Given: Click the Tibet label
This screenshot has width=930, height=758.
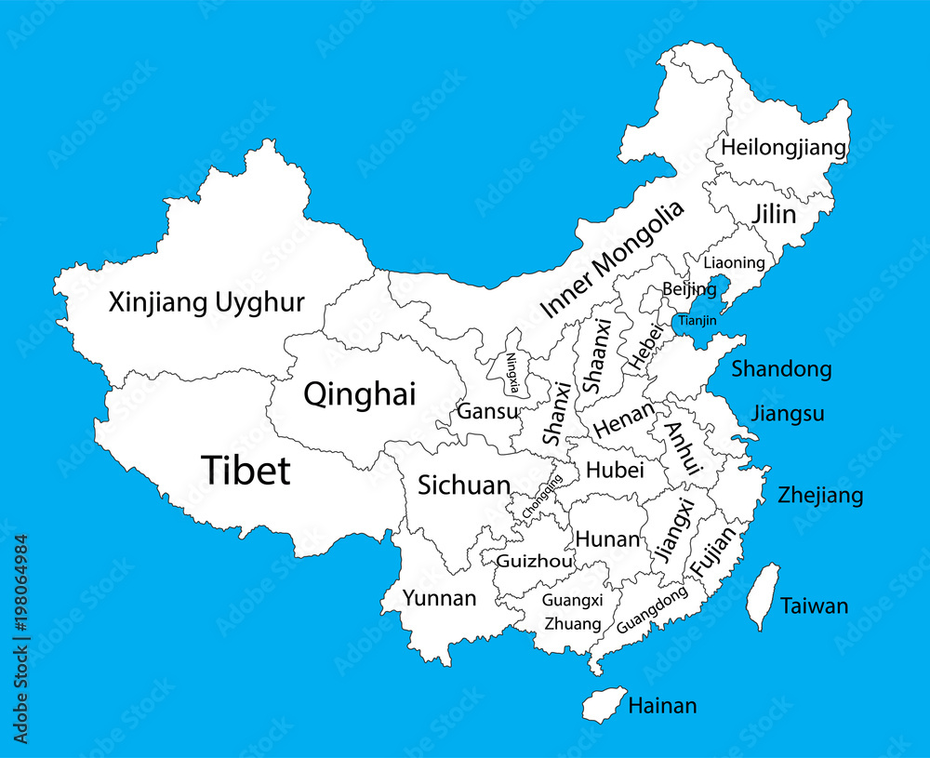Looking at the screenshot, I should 246,471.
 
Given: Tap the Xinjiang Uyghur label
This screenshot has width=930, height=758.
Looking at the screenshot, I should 206,302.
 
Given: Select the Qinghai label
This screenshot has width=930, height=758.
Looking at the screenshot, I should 359,394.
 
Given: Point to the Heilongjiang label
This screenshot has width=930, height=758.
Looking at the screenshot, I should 784,148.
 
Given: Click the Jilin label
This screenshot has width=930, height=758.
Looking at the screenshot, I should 774,215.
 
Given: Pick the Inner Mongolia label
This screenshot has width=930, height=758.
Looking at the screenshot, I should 612,259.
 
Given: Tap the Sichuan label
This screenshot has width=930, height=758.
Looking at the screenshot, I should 463,485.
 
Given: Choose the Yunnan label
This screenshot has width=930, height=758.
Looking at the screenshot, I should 439,598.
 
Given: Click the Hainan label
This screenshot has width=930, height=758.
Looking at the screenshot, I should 662,706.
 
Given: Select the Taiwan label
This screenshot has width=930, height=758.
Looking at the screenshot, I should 814,606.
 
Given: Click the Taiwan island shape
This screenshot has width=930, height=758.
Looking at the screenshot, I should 762,595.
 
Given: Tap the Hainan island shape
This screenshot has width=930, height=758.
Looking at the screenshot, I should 604,704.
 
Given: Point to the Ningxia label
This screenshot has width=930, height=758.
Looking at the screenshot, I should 513,372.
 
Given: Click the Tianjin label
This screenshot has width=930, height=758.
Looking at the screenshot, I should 697,321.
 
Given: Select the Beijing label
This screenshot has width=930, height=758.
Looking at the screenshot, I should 689,289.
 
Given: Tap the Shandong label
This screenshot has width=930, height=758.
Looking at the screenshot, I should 781,369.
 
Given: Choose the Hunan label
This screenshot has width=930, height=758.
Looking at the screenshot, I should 607,539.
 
